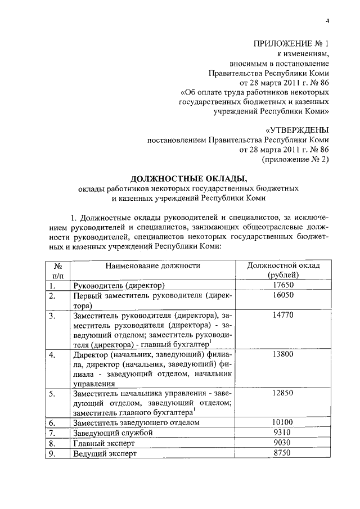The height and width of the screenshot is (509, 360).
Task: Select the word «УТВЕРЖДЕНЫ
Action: pyautogui.click(x=296, y=129)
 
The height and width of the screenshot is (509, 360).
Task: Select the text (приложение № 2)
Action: pyautogui.click(x=296, y=160)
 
